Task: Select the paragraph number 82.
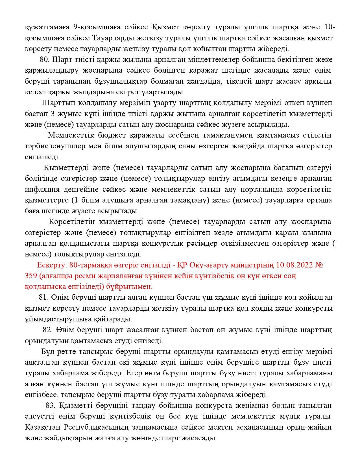point(48,330)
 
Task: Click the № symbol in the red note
point(318,265)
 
